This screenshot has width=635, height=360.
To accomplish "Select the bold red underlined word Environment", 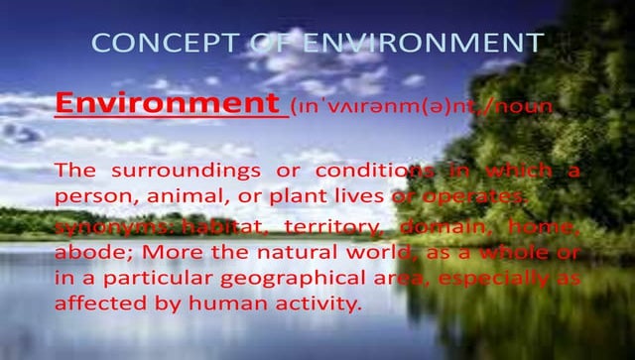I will point(165,102).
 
